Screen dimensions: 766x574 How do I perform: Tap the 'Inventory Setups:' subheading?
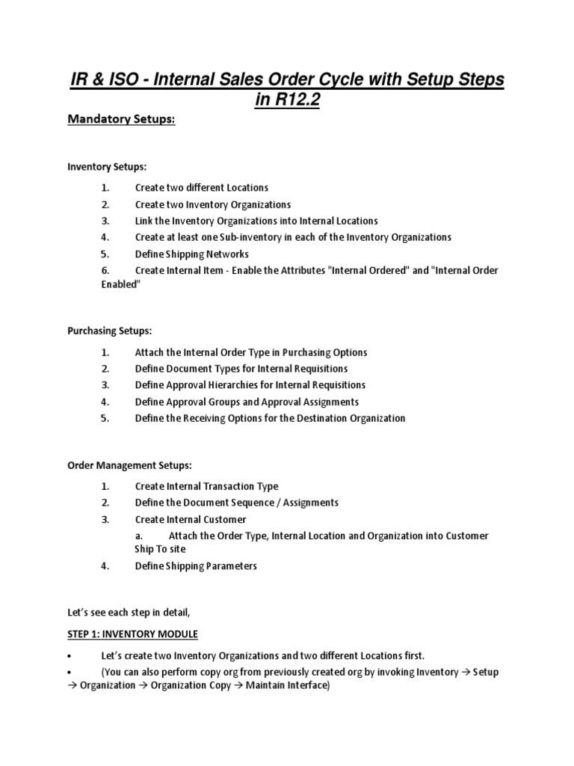[x=102, y=167]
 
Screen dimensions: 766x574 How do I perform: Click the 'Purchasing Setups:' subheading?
[x=109, y=331]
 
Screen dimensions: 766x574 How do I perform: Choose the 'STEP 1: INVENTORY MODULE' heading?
[x=132, y=634]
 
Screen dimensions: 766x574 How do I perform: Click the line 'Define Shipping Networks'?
[x=191, y=254]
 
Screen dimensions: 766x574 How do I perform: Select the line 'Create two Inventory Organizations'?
[x=212, y=204]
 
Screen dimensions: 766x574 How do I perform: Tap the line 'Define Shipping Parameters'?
[x=196, y=566]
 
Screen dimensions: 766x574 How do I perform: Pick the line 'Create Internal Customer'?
[x=191, y=519]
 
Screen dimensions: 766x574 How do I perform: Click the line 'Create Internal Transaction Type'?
[x=206, y=486]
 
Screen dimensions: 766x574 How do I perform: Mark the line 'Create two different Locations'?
[x=201, y=188]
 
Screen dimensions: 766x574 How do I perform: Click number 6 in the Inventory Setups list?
[x=105, y=270]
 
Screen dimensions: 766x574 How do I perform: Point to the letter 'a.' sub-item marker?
[x=139, y=536]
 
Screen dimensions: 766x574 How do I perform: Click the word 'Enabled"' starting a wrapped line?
[x=120, y=285]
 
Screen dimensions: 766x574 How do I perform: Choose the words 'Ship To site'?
[x=160, y=549]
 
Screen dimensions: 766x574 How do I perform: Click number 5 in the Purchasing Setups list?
[x=105, y=418]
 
